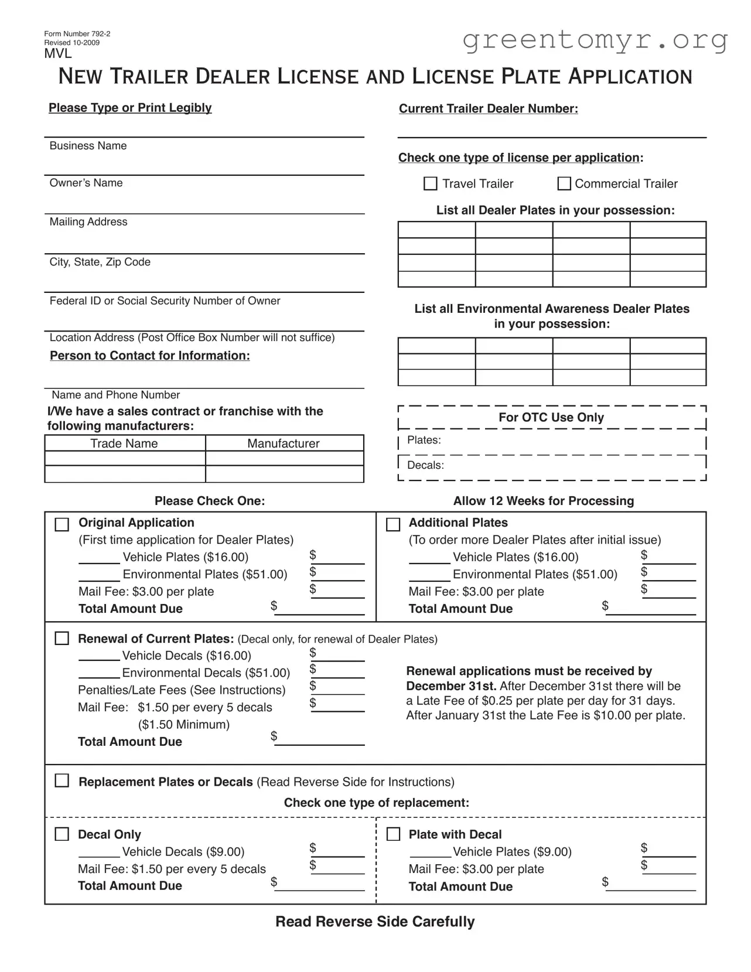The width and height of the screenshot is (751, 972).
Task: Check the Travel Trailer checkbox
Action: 430,184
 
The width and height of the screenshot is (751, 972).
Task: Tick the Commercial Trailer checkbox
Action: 564,184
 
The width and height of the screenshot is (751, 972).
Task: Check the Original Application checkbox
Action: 62,524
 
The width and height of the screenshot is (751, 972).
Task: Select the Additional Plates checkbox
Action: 393,524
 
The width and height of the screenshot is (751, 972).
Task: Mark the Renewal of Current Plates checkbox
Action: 62,639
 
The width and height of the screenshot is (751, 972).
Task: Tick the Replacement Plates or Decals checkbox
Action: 62,781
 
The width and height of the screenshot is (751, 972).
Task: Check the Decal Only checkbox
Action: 62,834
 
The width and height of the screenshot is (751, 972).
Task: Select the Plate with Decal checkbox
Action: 393,834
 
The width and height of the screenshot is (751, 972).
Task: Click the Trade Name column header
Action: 124,444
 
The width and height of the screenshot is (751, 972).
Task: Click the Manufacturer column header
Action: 284,444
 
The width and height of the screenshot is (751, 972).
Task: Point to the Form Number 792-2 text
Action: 77,34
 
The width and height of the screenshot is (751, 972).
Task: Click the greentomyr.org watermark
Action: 595,40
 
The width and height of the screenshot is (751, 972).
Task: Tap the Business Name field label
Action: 88,146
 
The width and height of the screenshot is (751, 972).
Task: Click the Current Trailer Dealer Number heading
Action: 488,109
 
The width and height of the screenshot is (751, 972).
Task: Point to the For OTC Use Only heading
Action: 551,418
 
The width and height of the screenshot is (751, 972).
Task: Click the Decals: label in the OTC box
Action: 425,465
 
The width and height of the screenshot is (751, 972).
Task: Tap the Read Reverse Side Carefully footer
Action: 375,922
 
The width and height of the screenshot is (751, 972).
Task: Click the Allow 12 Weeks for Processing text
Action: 543,501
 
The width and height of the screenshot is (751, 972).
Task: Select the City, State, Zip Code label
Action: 100,262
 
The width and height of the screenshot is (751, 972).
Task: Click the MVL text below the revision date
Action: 58,54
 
